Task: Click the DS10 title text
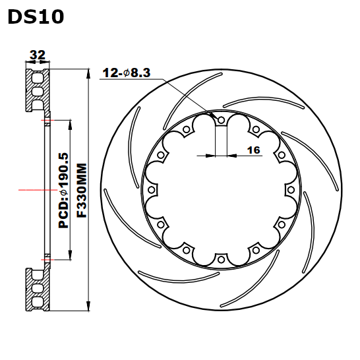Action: point(36,16)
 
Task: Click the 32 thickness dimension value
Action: point(38,55)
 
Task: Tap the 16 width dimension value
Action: point(253,150)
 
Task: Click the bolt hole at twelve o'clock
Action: point(221,120)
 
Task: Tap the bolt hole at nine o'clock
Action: point(151,190)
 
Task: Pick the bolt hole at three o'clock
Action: point(291,190)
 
